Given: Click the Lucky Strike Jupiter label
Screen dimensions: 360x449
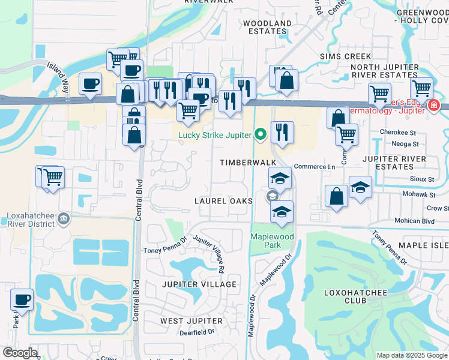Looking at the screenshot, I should (x=214, y=135).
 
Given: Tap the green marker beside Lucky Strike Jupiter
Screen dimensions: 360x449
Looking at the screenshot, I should (x=260, y=134).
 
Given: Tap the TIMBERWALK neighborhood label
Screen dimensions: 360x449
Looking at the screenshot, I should (x=247, y=163).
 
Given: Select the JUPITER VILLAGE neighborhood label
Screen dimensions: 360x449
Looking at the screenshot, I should (x=199, y=284).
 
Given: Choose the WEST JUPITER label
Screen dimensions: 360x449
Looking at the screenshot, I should (x=191, y=321).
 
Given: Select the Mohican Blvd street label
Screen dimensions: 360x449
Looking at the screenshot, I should (x=414, y=221).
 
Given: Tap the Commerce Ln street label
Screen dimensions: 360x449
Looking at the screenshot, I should (x=314, y=166).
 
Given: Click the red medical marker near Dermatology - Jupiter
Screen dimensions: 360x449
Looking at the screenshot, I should (x=433, y=106).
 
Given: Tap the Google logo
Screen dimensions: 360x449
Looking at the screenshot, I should (x=20, y=353).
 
